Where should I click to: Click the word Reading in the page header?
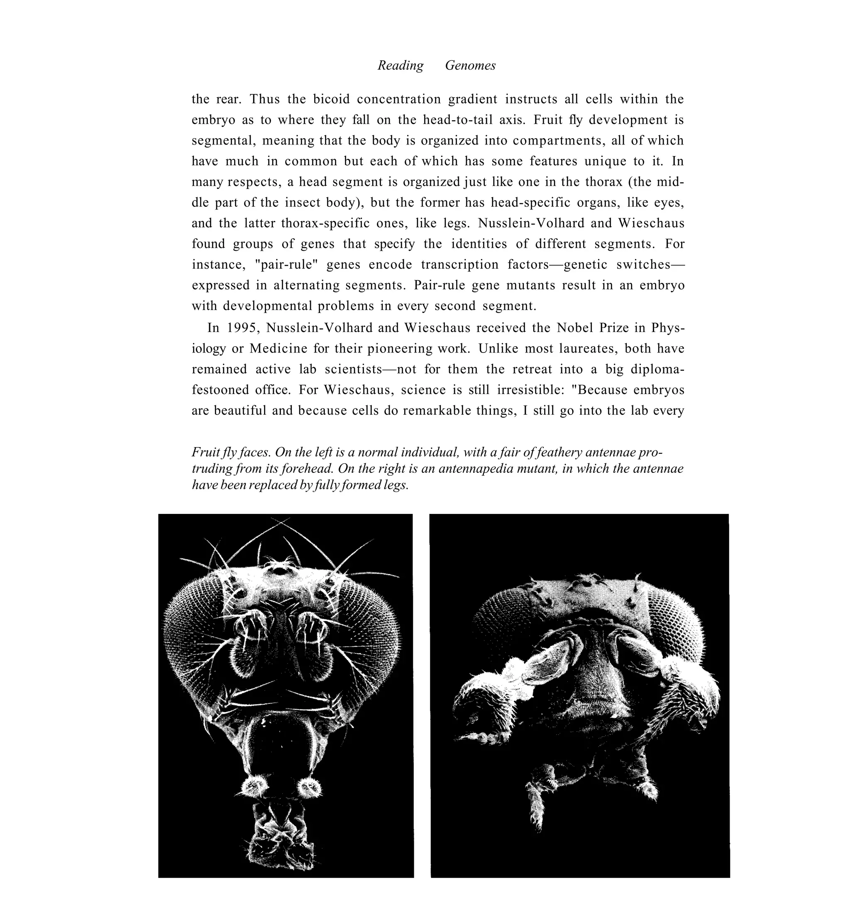401,66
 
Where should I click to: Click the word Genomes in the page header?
470,66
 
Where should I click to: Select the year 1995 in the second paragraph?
242,328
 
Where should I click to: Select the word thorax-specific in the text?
325,223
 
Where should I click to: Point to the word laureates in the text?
588,348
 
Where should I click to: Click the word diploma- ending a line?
657,369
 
